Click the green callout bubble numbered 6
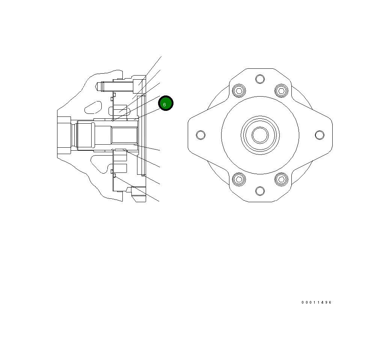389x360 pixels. tap(166, 103)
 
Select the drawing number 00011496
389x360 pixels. tap(316, 303)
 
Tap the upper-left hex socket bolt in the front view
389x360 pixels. tap(239, 91)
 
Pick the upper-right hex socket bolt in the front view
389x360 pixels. tap(281, 91)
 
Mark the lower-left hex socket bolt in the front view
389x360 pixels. tap(239, 179)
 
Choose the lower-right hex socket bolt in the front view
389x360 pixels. tap(281, 179)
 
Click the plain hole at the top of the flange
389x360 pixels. tap(260, 79)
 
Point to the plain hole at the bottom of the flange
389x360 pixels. tap(260, 191)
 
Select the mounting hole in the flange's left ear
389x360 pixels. tap(201, 135)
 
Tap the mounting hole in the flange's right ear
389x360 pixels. tap(320, 135)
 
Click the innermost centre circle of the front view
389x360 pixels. tap(260, 135)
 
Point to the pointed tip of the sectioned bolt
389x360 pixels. tap(98, 86)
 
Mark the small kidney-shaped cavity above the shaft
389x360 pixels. tap(93, 107)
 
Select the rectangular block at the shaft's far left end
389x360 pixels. tap(63, 135)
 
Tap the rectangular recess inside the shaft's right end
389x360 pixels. tap(124, 135)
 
